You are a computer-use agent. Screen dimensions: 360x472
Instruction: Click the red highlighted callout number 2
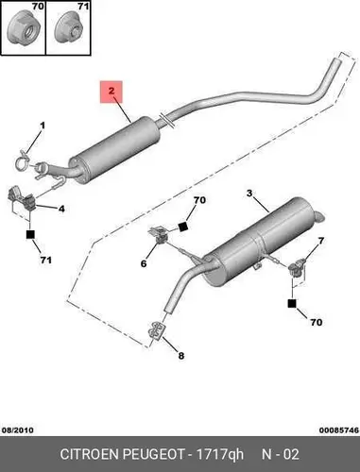pyautogui.click(x=111, y=92)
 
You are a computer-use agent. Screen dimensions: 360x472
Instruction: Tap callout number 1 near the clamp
pyautogui.click(x=43, y=126)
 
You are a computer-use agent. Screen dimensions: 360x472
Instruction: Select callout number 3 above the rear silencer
pyautogui.click(x=249, y=194)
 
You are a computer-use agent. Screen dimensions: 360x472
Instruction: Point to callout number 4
pyautogui.click(x=61, y=209)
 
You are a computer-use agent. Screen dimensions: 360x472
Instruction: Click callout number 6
pyautogui.click(x=144, y=263)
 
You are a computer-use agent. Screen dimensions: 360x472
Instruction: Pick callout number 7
pyautogui.click(x=320, y=241)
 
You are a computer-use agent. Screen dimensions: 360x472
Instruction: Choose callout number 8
pyautogui.click(x=181, y=356)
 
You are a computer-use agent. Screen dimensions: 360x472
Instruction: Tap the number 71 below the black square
pyautogui.click(x=45, y=260)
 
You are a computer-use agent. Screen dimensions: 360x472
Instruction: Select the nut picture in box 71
pyautogui.click(x=68, y=29)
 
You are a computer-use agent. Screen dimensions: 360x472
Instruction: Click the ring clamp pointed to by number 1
pyautogui.click(x=23, y=160)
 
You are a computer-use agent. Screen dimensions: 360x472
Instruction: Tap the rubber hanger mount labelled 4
pyautogui.click(x=21, y=198)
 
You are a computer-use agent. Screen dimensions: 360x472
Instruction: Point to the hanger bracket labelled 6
pyautogui.click(x=159, y=235)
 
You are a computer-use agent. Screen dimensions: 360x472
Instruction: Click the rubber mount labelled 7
pyautogui.click(x=297, y=267)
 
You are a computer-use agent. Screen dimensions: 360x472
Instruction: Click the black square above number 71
pyautogui.click(x=30, y=234)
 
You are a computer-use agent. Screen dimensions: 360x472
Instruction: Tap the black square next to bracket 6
pyautogui.click(x=182, y=228)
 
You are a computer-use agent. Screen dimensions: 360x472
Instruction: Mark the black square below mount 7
pyautogui.click(x=292, y=303)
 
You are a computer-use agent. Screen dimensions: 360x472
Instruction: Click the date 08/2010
pyautogui.click(x=18, y=430)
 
